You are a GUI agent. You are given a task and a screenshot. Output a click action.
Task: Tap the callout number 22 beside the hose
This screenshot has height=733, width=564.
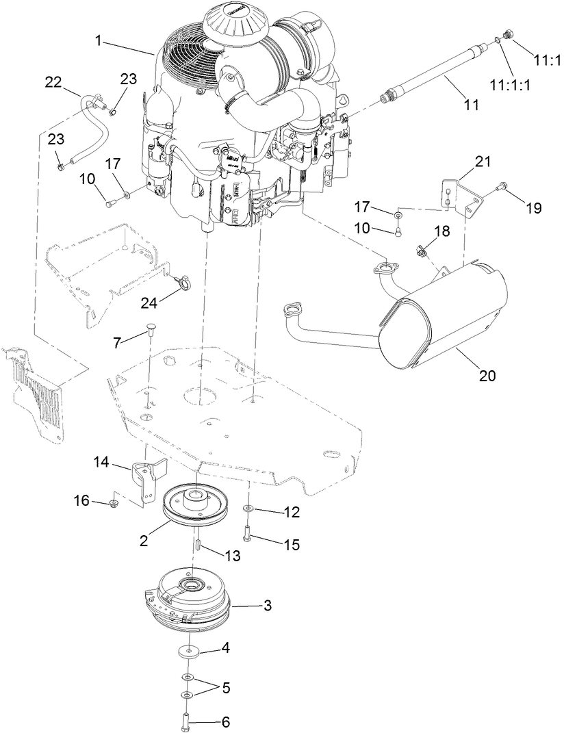tap(53, 82)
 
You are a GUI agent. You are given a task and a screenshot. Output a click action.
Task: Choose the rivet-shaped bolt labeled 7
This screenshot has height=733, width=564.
tap(150, 333)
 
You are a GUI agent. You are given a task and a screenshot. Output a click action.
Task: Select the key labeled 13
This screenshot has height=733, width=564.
tap(196, 545)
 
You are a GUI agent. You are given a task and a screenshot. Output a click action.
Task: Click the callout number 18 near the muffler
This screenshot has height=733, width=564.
tap(442, 231)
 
